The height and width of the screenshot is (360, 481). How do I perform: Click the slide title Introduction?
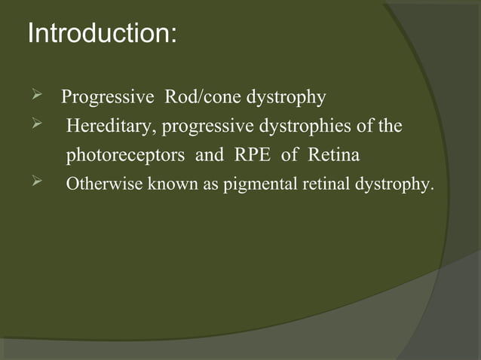pyautogui.click(x=102, y=34)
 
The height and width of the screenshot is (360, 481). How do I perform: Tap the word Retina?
pyautogui.click(x=332, y=156)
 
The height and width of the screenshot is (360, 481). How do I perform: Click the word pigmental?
pyautogui.click(x=256, y=186)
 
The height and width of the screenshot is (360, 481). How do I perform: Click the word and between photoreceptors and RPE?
pyautogui.click(x=210, y=156)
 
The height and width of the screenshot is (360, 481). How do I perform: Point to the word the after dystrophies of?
pyautogui.click(x=390, y=127)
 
